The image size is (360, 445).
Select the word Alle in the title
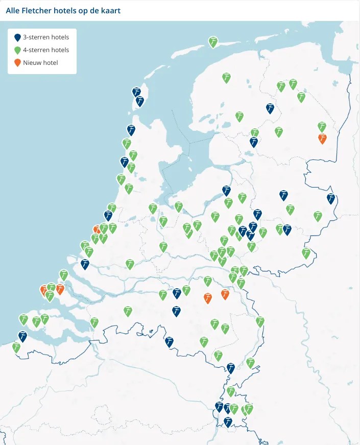[x=14, y=10]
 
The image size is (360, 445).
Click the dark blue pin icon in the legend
[x=17, y=37]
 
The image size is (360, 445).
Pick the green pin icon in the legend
[x=17, y=50]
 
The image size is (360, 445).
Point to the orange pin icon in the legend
[x=17, y=62]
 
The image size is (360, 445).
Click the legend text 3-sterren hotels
[x=46, y=37]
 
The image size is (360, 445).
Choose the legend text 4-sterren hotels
[x=46, y=50]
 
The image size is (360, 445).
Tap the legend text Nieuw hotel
[x=40, y=62]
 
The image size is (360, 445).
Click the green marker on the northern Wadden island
[x=213, y=41]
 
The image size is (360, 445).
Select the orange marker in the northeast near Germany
[x=322, y=138]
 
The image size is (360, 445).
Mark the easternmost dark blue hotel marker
[x=331, y=198]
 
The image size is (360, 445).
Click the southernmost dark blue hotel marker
[x=228, y=421]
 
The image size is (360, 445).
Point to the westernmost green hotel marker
[x=16, y=347]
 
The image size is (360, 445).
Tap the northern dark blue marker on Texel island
[x=136, y=91]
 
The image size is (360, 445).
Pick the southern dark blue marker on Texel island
[x=139, y=101]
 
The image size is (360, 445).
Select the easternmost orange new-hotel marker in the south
[x=225, y=293]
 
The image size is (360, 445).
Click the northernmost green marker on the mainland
[x=226, y=77]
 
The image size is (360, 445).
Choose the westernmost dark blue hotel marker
[x=22, y=336]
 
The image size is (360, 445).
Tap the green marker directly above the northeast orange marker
[x=322, y=126]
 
